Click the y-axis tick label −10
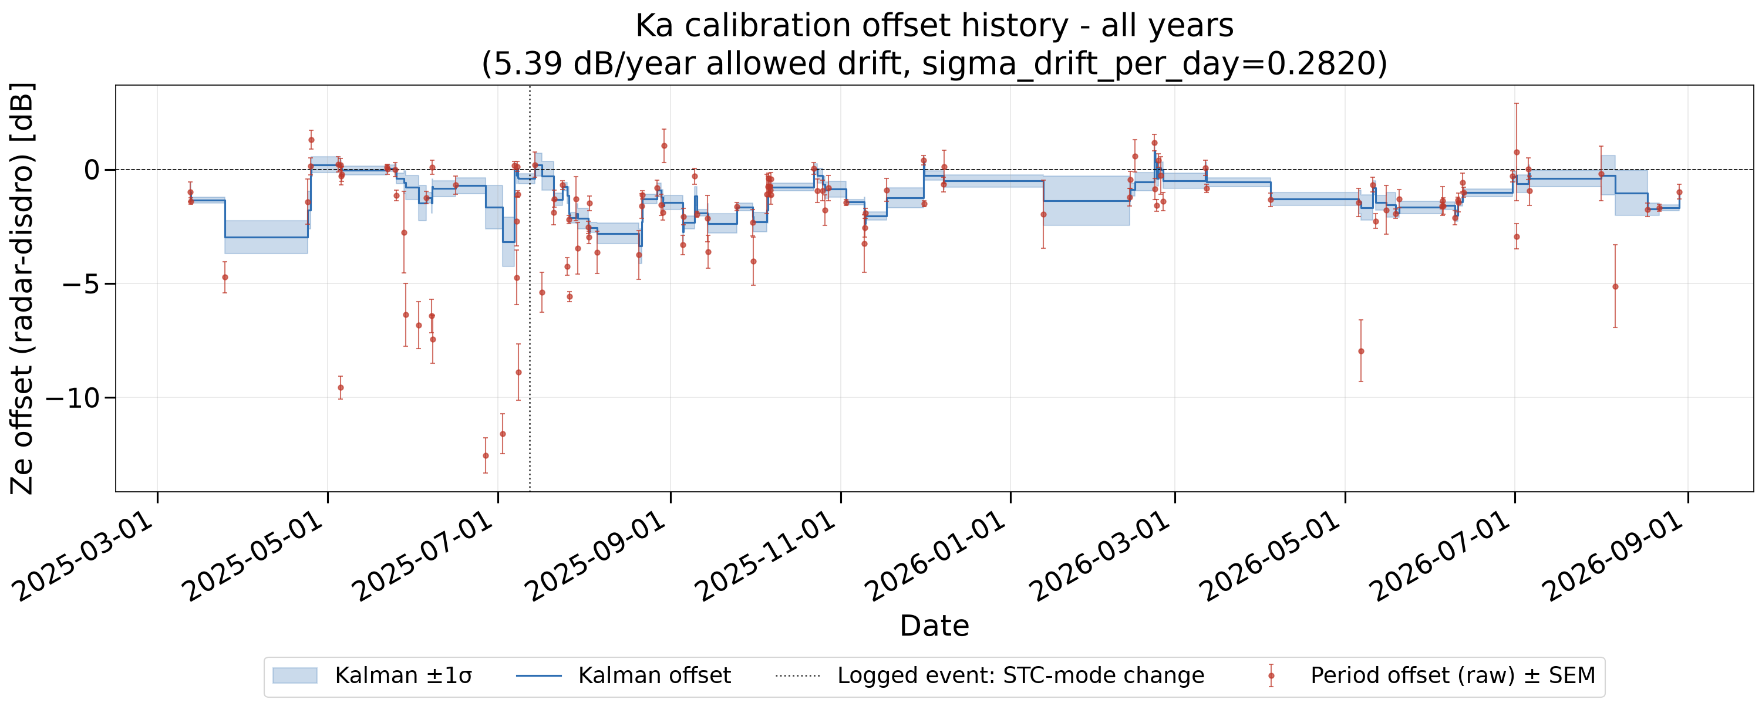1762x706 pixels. click(x=73, y=398)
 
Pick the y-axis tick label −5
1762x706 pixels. click(x=82, y=283)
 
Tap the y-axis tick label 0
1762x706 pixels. click(x=92, y=170)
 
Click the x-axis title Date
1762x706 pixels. click(x=934, y=626)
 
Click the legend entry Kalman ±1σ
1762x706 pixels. click(x=403, y=676)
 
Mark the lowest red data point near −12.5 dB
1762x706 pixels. click(x=486, y=456)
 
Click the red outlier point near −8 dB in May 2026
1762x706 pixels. click(x=1361, y=352)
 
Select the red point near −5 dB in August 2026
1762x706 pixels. click(x=1616, y=287)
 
